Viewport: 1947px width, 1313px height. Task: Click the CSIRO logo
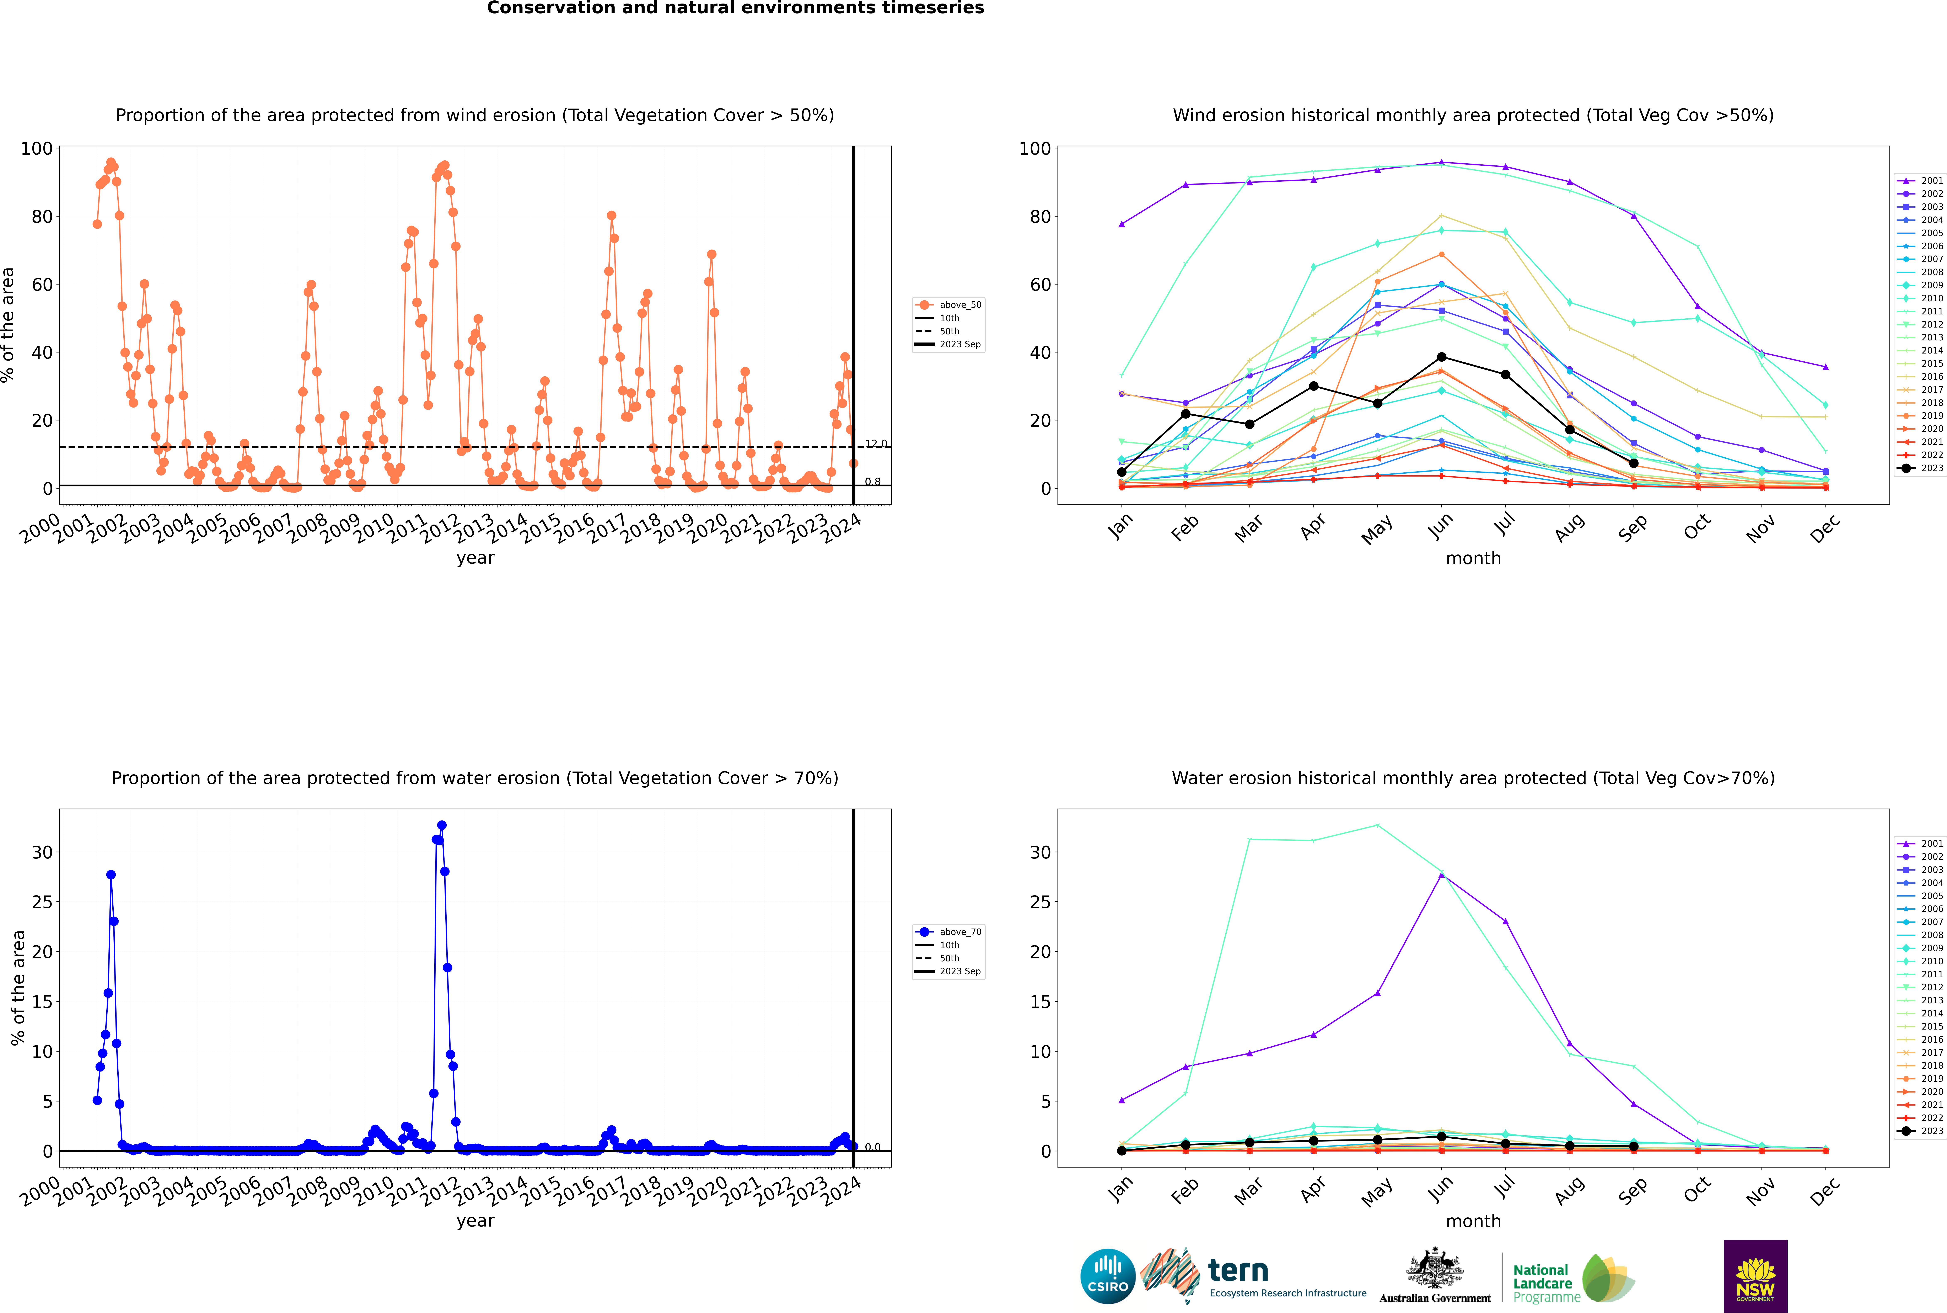[x=1107, y=1276]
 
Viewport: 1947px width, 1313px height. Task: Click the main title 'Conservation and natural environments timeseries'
[x=735, y=8]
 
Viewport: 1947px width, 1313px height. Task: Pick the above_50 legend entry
[x=948, y=305]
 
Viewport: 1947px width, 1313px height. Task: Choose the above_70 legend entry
[x=948, y=932]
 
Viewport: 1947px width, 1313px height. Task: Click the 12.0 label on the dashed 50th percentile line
[x=876, y=444]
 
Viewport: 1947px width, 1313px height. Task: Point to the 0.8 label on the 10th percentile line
[x=872, y=482]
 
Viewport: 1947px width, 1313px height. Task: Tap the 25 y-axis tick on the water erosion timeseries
[x=42, y=902]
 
